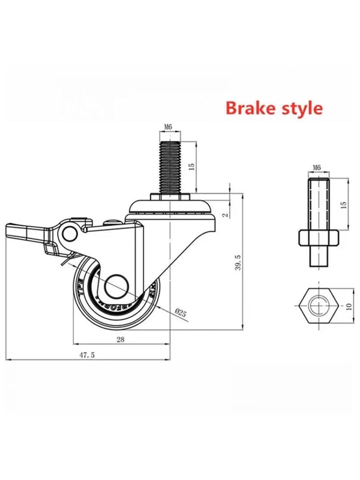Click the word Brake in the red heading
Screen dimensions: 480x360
(x=250, y=108)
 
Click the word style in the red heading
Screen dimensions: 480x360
(x=300, y=108)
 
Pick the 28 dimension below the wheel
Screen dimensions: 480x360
(x=120, y=340)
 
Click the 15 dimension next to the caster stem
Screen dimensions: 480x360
(x=191, y=166)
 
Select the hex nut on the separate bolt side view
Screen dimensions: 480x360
(x=318, y=237)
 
